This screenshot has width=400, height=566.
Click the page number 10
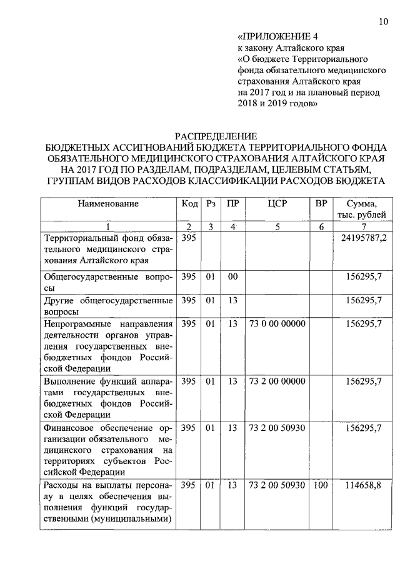[382, 23]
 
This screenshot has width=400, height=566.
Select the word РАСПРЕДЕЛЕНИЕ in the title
[215, 136]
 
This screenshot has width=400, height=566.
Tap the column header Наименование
[108, 204]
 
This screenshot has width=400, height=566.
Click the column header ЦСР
[277, 204]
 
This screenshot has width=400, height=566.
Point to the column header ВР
[321, 204]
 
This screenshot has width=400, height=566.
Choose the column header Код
[189, 204]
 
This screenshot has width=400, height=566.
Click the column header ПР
[233, 204]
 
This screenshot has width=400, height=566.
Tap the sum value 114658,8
[364, 485]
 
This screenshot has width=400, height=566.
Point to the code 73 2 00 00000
[277, 380]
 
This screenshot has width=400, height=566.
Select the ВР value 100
[321, 485]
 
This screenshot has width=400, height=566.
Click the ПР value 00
[233, 275]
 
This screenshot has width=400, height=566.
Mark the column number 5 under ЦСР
[277, 227]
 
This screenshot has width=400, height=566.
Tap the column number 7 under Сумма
[364, 227]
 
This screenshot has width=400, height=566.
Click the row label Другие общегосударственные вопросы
[107, 305]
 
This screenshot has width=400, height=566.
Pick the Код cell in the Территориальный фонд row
[189, 239]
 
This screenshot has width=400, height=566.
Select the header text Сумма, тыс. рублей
[364, 210]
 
